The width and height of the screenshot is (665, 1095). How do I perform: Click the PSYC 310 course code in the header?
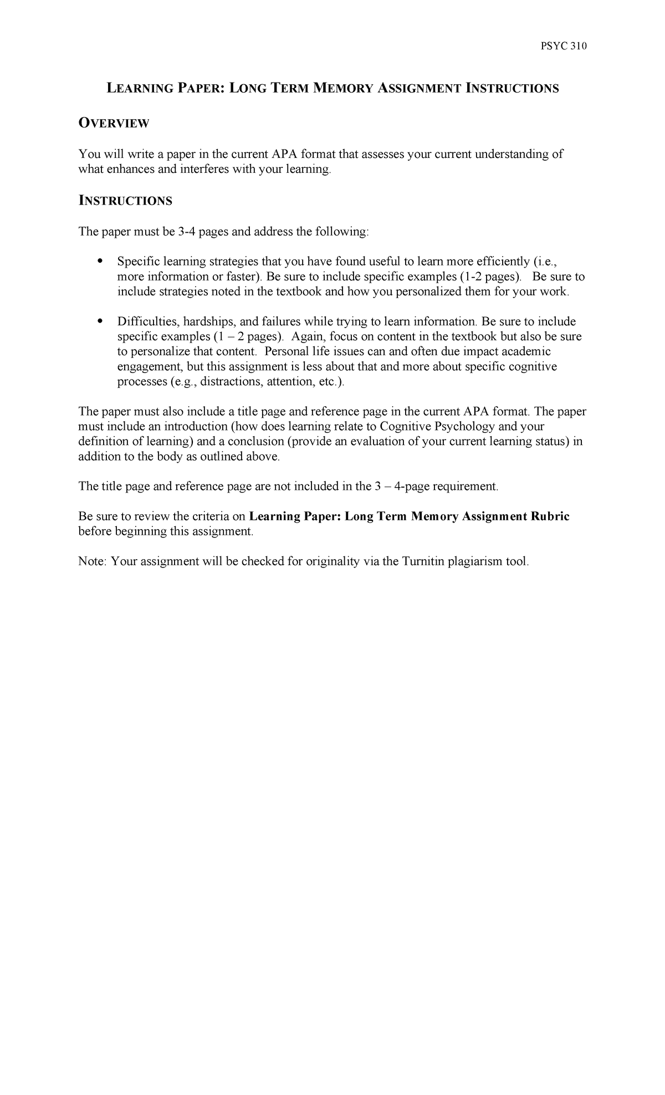[563, 47]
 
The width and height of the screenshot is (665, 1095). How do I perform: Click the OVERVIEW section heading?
[114, 124]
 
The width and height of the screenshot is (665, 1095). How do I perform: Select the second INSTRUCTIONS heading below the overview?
[125, 201]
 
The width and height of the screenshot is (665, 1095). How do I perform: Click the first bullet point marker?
[100, 261]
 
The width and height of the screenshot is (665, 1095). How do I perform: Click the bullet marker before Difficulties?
[100, 321]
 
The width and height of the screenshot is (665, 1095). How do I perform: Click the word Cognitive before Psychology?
[406, 426]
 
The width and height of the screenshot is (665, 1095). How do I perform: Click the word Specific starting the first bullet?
[136, 261]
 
